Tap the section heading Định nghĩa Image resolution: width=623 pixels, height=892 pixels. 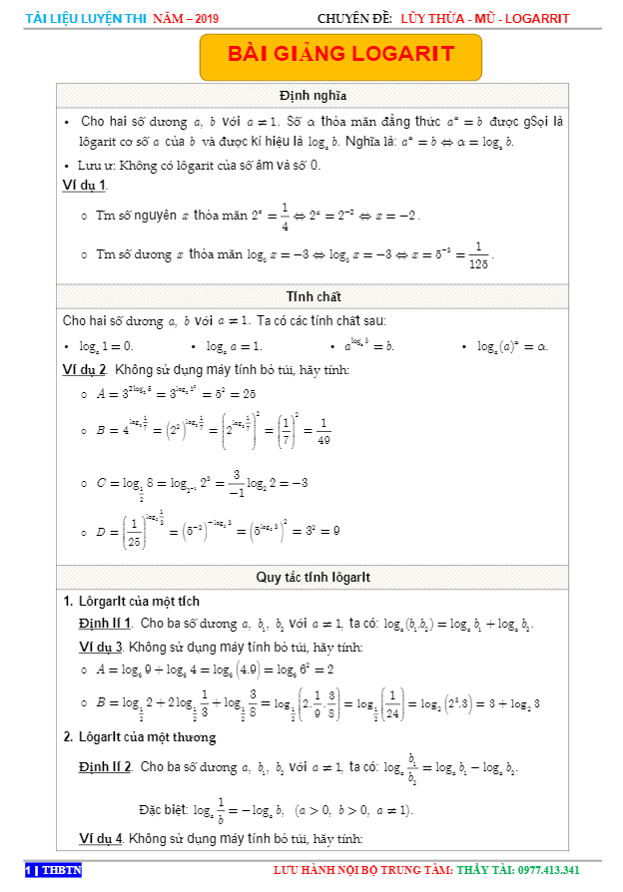[312, 96]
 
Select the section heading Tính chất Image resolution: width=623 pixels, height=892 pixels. [313, 296]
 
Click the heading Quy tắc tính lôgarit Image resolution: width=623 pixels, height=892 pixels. [312, 577]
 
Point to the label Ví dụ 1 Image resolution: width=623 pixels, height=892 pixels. [85, 186]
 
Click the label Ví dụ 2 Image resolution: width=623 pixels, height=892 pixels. [85, 370]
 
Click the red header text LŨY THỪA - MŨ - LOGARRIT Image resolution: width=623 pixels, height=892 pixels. [484, 18]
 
